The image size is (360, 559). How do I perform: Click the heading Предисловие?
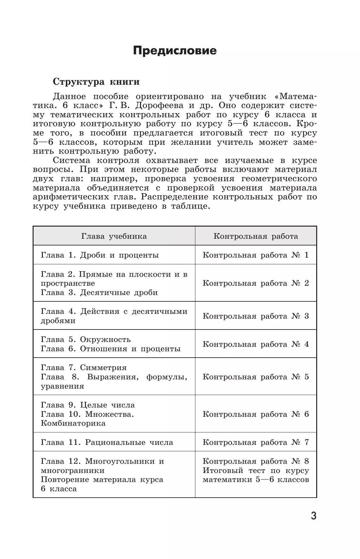175,50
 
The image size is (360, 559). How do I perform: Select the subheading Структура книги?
96,82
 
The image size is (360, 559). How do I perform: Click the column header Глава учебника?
114,236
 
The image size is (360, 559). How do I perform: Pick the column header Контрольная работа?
256,236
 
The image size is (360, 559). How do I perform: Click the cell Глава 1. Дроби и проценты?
100,255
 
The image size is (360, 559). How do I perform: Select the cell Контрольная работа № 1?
256,255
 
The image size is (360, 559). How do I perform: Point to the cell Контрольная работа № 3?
256,316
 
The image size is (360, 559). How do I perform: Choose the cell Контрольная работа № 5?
256,377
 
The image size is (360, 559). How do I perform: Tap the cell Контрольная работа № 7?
256,442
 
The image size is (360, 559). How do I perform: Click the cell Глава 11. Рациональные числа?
107,442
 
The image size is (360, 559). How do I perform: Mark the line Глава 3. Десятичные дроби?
99,292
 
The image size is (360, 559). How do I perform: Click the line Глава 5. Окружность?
86,339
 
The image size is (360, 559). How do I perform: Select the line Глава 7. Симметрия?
84,368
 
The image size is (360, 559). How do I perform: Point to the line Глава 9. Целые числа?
88,405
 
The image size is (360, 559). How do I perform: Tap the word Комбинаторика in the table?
73,423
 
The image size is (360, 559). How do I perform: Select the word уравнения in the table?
62,386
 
